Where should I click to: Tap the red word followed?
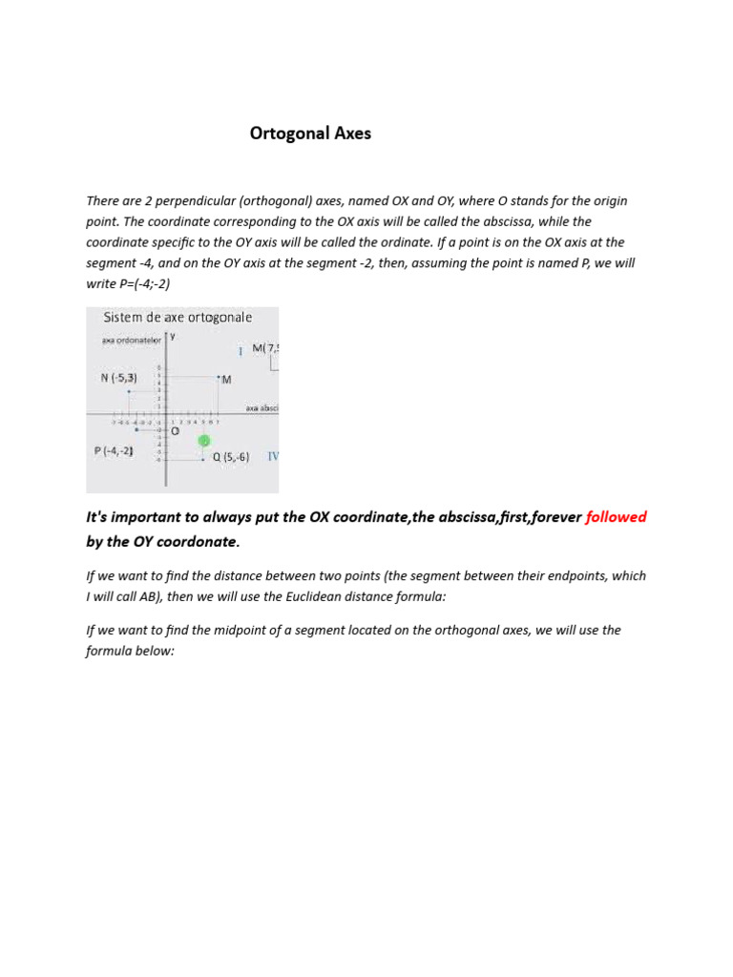click(616, 517)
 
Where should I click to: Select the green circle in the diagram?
click(204, 441)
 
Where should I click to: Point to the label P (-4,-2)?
click(114, 451)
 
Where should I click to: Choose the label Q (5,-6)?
click(230, 457)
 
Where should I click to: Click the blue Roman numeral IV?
click(273, 456)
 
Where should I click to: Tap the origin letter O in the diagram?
click(175, 431)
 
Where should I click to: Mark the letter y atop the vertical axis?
click(173, 335)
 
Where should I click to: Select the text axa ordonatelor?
click(132, 340)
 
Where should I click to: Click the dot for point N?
click(129, 391)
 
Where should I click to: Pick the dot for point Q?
click(202, 460)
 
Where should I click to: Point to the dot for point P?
click(136, 430)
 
